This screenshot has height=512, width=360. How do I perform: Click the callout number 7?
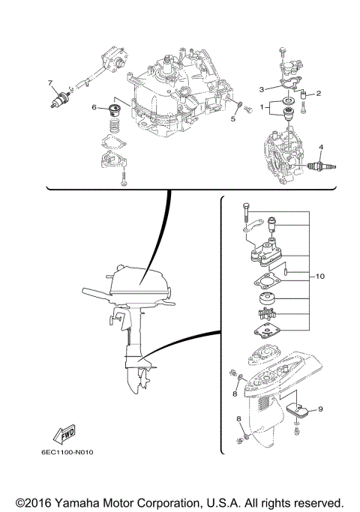(x=51, y=82)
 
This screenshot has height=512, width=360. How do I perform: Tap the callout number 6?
(x=94, y=108)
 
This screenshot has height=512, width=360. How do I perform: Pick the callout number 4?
(x=320, y=146)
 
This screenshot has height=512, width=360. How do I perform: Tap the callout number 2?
(x=319, y=94)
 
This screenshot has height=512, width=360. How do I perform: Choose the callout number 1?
(x=262, y=107)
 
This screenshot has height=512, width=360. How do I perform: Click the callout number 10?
(x=319, y=277)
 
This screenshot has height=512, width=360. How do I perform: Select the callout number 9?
(x=320, y=409)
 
